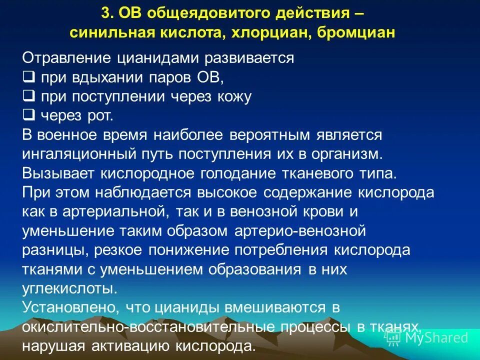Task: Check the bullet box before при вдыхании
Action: click(x=28, y=77)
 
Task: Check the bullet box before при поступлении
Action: click(x=28, y=96)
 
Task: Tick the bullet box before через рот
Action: click(x=28, y=115)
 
